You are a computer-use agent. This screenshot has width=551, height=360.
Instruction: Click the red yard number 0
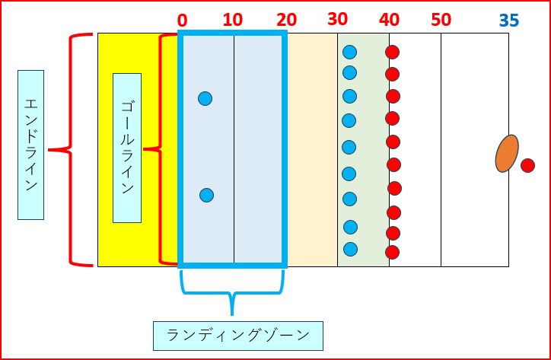(x=182, y=20)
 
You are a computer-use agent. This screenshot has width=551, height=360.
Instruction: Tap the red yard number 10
(x=233, y=20)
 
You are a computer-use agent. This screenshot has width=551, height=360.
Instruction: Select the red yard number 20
(x=286, y=20)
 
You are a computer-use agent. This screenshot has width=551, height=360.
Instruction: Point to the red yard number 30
(x=338, y=19)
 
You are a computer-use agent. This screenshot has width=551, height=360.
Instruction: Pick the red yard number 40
(x=389, y=20)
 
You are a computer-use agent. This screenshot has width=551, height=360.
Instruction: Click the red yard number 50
(x=441, y=20)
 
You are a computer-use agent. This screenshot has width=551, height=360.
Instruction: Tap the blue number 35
(x=510, y=21)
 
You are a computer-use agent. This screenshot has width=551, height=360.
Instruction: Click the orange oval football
(x=507, y=154)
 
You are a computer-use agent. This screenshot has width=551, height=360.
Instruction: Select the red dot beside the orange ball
(x=527, y=165)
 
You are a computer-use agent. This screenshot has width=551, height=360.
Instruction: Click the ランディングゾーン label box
(x=237, y=335)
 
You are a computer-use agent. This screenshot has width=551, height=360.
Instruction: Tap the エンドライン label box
(x=30, y=145)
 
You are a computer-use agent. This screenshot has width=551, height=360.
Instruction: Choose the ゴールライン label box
(x=126, y=148)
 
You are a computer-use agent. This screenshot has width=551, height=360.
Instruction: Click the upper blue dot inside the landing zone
(x=205, y=98)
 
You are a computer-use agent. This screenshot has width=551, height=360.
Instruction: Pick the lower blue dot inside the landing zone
(x=206, y=195)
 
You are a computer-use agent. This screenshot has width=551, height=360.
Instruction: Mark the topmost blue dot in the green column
(x=349, y=52)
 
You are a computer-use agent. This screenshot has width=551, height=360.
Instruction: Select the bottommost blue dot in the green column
(x=350, y=249)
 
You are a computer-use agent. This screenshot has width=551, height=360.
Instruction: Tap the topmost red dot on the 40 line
(x=392, y=52)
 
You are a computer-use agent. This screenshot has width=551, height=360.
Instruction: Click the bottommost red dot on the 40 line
(x=392, y=252)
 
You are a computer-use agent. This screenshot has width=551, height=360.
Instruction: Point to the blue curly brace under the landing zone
(x=232, y=293)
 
